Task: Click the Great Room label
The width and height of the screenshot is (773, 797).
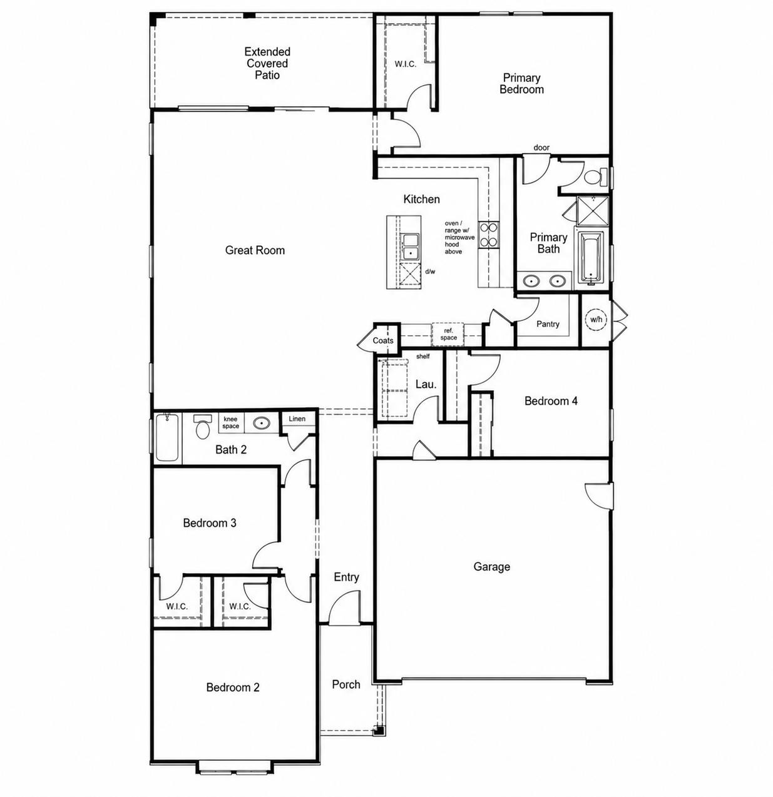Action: point(255,250)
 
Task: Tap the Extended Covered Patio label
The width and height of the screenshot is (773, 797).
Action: point(267,63)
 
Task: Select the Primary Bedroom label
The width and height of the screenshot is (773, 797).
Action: point(521,84)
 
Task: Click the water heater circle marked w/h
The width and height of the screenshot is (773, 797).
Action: point(596,320)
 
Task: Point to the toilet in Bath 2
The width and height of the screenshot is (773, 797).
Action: point(202,427)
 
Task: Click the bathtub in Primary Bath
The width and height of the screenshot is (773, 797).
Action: point(591,258)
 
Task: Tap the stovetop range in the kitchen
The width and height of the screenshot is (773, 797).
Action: point(489,235)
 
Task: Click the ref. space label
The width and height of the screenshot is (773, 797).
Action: point(448,334)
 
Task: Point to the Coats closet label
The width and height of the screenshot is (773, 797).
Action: point(383,340)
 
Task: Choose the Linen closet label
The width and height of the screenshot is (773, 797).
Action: point(297,419)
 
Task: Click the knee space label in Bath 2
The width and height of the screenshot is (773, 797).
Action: point(231,423)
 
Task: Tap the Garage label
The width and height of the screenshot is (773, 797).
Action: point(491,567)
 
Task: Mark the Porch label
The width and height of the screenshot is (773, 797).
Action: point(346,684)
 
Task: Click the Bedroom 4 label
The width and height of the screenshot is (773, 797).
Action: point(551,401)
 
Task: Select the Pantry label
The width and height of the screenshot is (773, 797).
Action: point(548,324)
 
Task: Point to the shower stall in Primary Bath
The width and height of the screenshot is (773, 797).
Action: point(593,211)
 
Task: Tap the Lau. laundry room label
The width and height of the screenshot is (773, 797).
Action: point(426,384)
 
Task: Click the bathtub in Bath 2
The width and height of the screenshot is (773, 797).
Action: point(167,438)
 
